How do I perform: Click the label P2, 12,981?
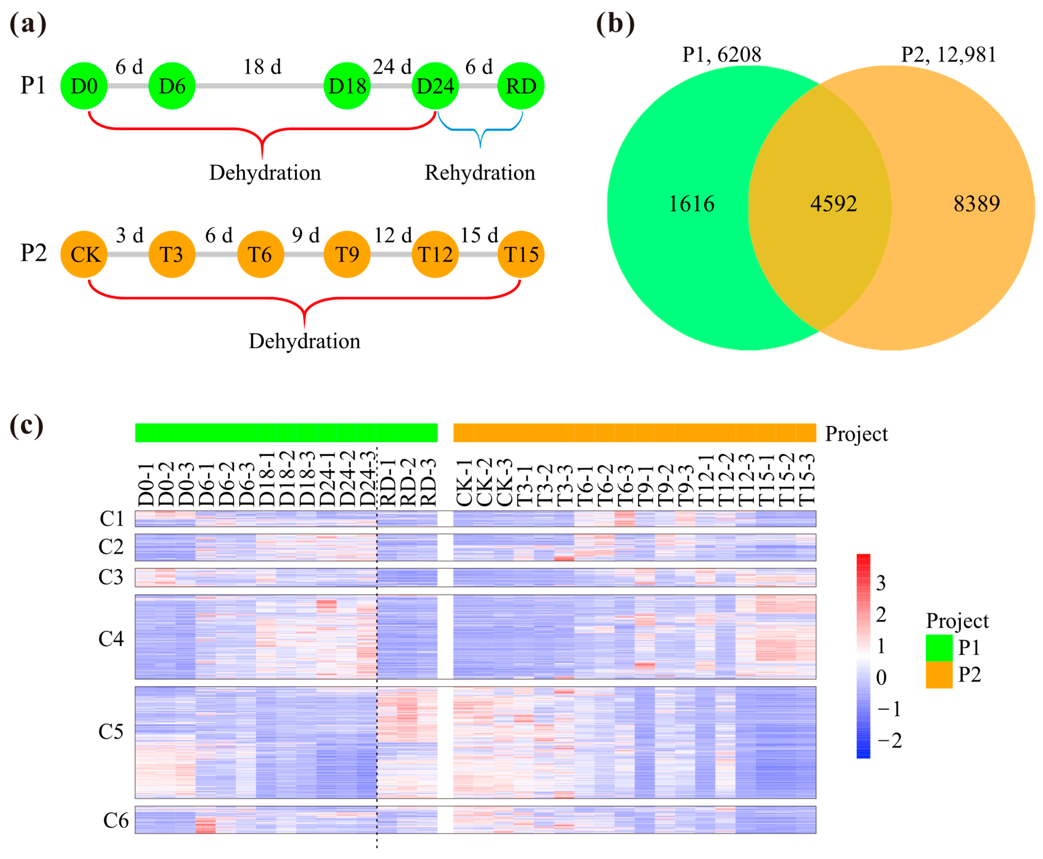[948, 54]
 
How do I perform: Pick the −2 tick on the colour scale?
[889, 740]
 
